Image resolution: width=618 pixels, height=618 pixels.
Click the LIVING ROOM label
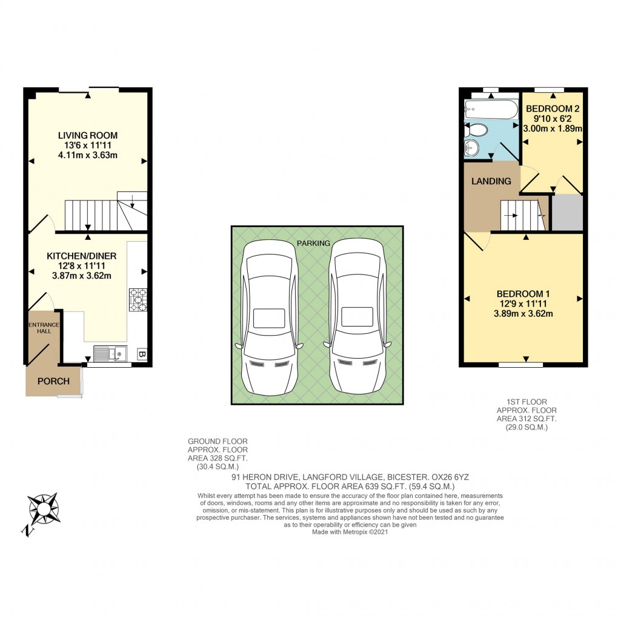click(88, 135)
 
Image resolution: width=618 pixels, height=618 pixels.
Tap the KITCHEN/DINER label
click(82, 256)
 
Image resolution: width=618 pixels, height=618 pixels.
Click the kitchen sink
click(109, 353)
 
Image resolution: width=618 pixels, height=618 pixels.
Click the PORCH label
click(53, 381)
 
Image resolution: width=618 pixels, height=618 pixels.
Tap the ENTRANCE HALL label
click(43, 328)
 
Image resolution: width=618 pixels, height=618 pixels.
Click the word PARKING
click(313, 243)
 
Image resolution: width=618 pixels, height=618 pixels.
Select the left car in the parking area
click(270, 315)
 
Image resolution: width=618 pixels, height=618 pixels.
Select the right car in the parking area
click(357, 315)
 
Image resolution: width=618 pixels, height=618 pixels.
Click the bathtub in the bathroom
click(490, 110)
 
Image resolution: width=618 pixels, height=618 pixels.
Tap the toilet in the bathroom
click(476, 130)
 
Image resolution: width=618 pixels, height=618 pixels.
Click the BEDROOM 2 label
click(553, 109)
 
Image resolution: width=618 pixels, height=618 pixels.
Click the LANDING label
click(492, 181)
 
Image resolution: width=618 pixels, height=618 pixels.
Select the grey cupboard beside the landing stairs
click(566, 213)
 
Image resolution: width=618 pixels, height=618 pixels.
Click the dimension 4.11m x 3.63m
click(88, 156)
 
